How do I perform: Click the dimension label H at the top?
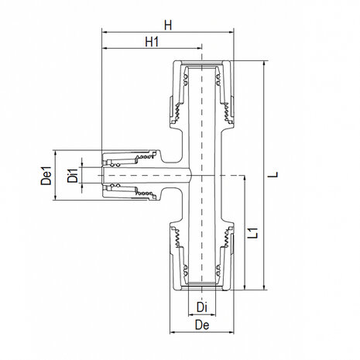click(x=167, y=26)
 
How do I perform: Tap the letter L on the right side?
click(x=273, y=175)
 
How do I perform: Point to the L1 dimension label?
click(x=253, y=231)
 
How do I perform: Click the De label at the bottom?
click(x=201, y=326)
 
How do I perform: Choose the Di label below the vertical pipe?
click(x=201, y=307)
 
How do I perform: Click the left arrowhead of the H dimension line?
click(x=105, y=33)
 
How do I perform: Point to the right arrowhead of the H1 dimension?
click(x=199, y=48)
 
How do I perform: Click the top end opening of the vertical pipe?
click(x=202, y=62)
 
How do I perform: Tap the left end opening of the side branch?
click(x=103, y=175)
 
